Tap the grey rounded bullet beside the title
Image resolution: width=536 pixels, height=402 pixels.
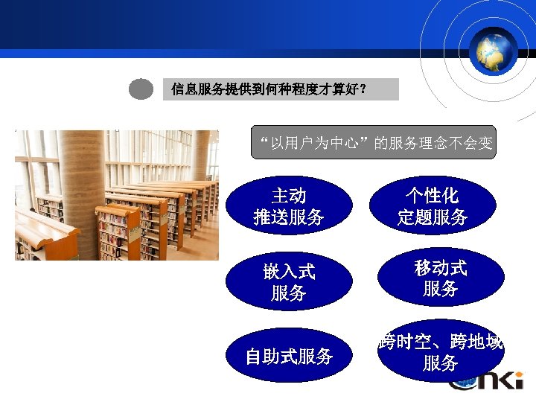(x=141, y=89)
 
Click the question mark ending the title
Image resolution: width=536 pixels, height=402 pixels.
(x=363, y=90)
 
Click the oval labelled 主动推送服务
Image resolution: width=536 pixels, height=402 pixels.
(x=289, y=206)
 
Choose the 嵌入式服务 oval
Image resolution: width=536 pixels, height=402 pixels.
(x=289, y=282)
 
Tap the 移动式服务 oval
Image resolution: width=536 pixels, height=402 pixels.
(x=441, y=278)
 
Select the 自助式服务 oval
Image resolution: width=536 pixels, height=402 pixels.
(x=289, y=356)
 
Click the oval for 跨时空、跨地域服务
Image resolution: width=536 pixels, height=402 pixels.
(x=441, y=351)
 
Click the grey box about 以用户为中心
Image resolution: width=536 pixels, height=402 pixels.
(x=373, y=142)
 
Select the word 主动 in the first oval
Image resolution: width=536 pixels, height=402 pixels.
(x=289, y=196)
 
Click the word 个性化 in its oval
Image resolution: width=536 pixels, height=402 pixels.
(x=433, y=196)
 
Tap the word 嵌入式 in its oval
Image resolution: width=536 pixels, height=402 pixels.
(x=289, y=272)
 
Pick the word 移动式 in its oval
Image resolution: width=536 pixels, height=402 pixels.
(x=441, y=267)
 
